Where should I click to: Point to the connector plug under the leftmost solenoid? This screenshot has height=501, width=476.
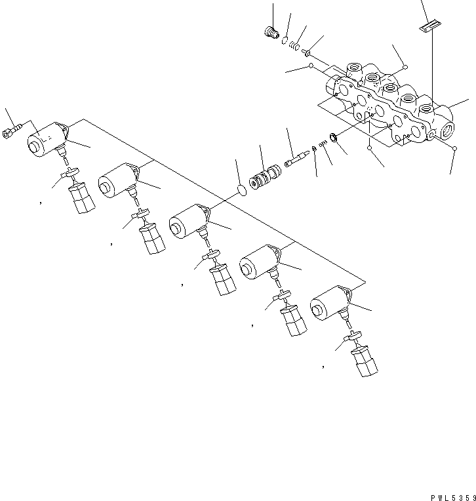[81, 197]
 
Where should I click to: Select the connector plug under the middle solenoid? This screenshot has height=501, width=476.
[224, 279]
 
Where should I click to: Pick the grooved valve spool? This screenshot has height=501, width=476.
[266, 178]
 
